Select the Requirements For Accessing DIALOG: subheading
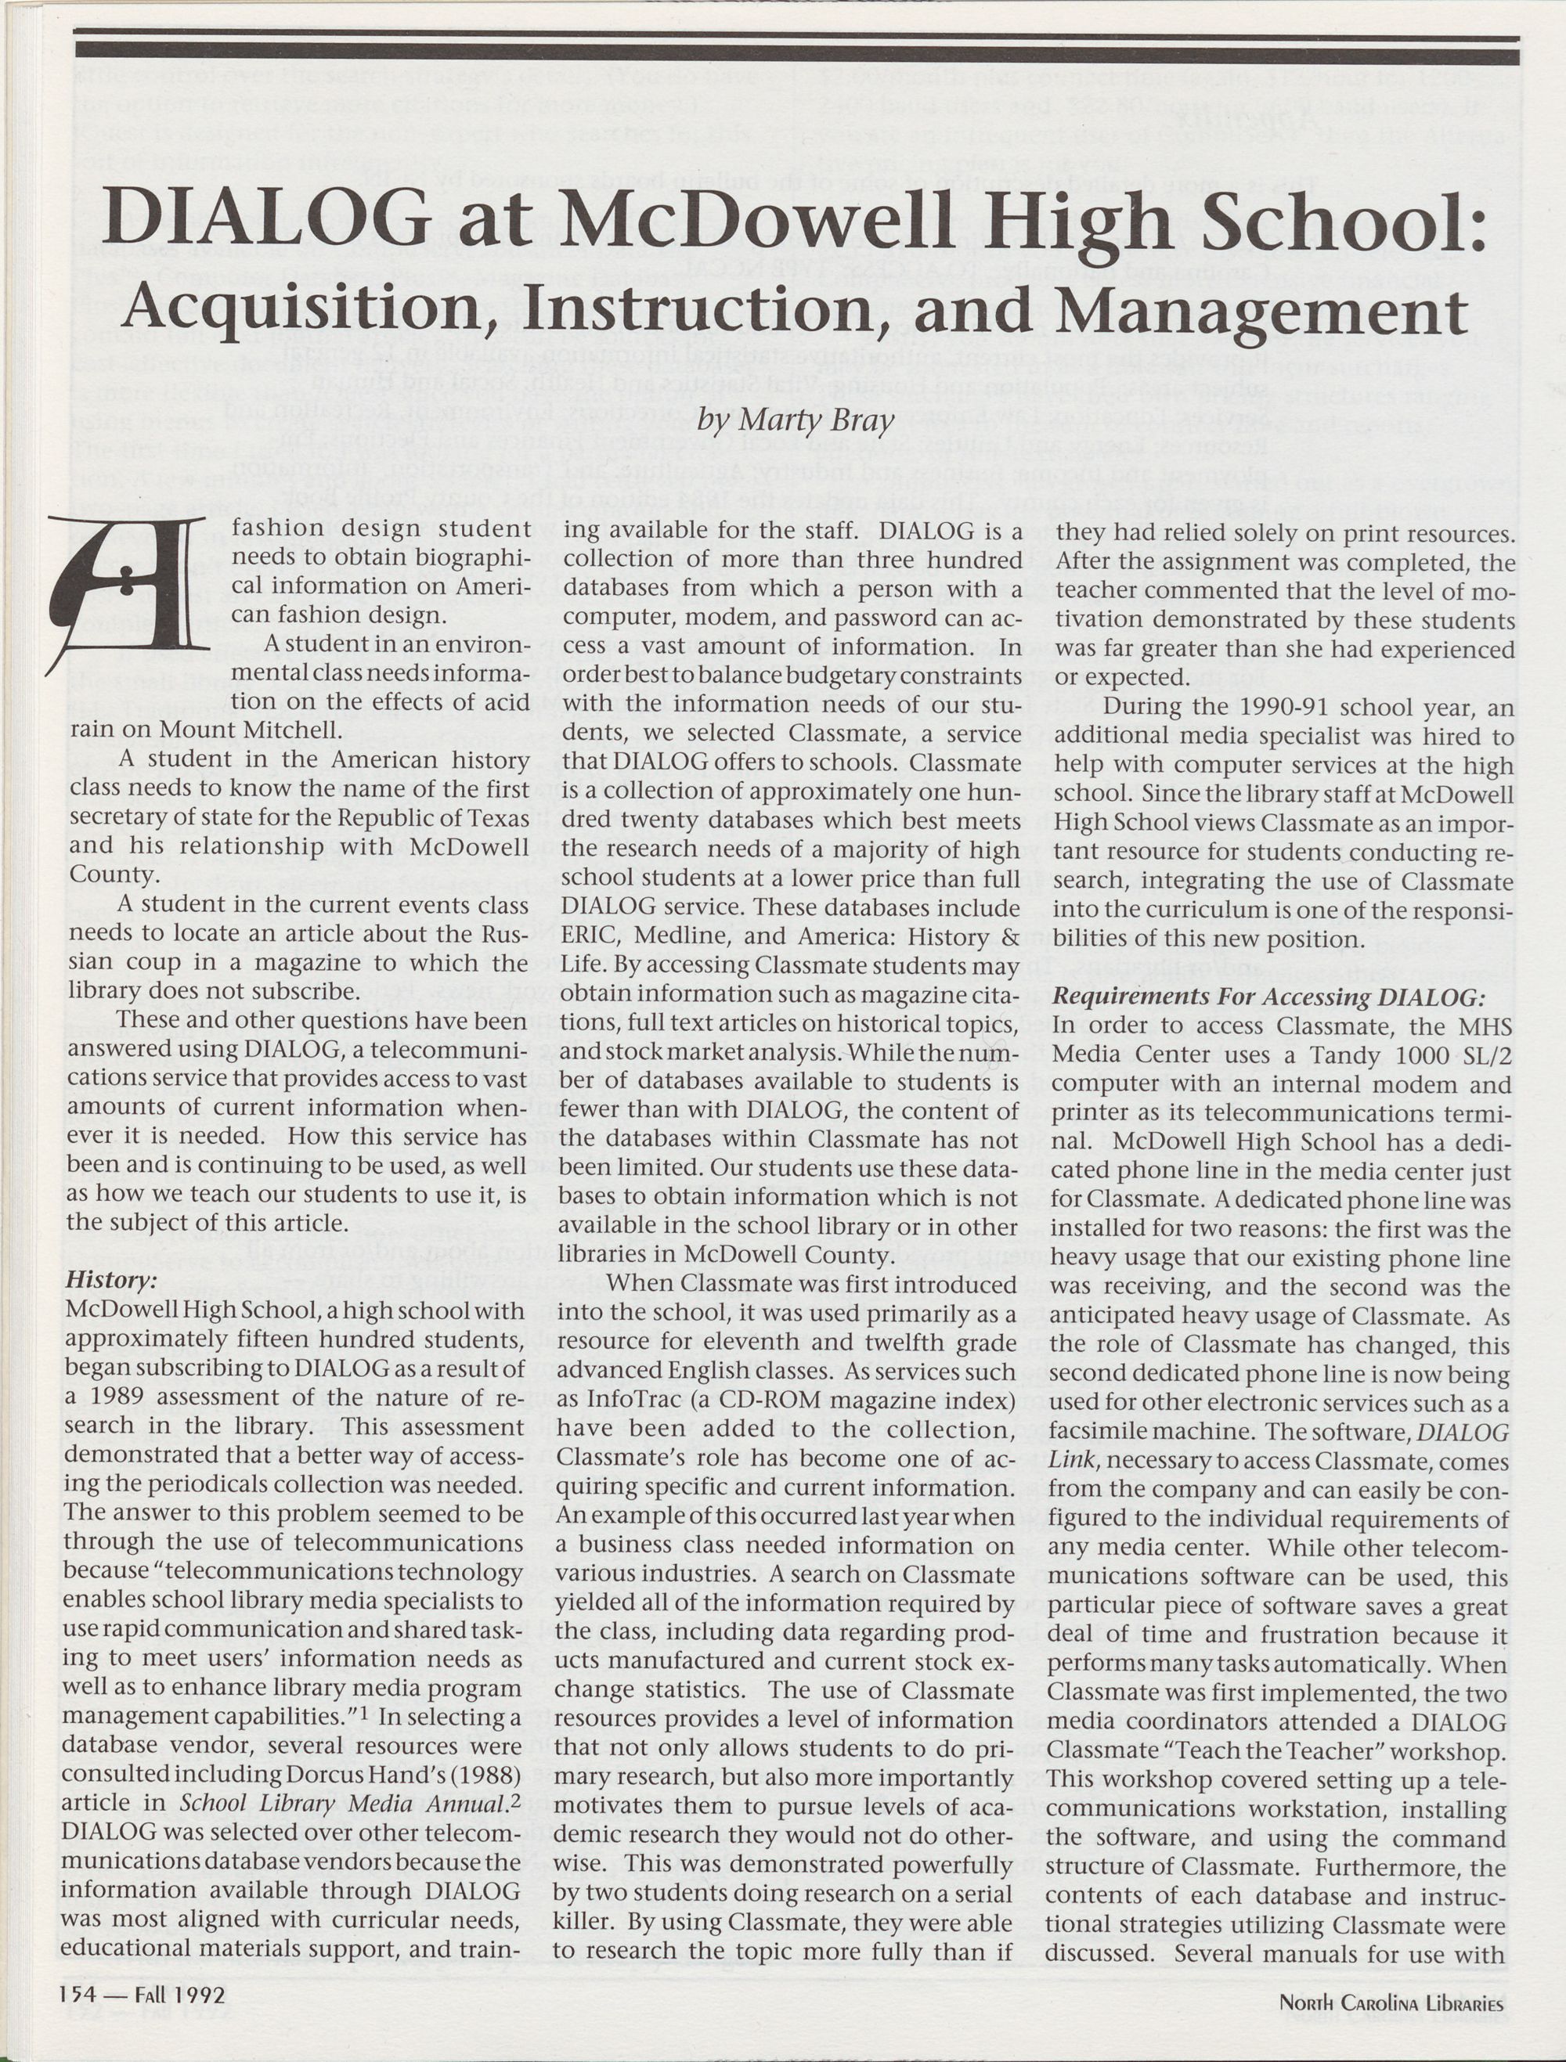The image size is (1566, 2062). (x=1268, y=997)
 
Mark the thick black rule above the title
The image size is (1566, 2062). (x=796, y=49)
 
